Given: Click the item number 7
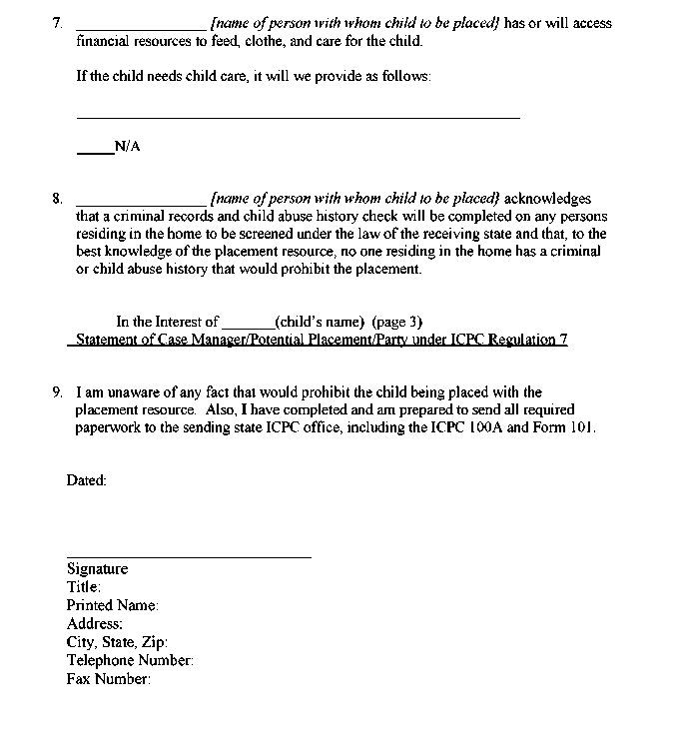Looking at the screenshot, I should tap(57, 23).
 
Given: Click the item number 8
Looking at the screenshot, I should tap(57, 199).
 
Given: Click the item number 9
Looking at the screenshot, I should tap(57, 392).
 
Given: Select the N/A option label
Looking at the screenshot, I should tap(127, 147).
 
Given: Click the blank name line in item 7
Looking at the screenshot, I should tap(141, 27).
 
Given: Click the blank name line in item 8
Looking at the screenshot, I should tap(141, 203).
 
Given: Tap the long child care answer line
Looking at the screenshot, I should tap(298, 117).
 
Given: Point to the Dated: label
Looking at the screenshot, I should tap(86, 480).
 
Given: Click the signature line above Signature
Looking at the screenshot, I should tap(189, 556).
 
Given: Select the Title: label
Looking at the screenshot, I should tap(83, 587).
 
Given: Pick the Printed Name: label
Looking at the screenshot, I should tap(112, 605).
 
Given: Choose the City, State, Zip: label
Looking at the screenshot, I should tap(117, 642).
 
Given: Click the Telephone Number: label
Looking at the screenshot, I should tap(130, 660).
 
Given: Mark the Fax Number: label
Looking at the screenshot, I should tap(108, 679).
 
